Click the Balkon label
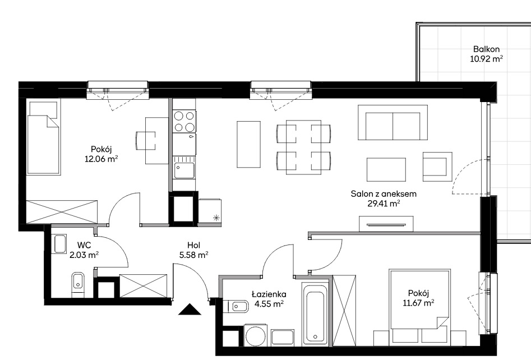(x=486, y=49)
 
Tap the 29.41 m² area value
(x=384, y=204)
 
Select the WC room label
(x=84, y=245)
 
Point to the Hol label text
(x=193, y=245)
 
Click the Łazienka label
(x=269, y=294)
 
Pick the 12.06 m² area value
(x=101, y=159)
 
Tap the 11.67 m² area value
(x=418, y=303)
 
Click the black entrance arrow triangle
(x=190, y=310)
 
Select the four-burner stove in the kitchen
(x=184, y=122)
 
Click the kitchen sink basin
(x=184, y=170)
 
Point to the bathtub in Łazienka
(x=315, y=314)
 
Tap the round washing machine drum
(x=256, y=336)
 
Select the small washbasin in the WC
(x=60, y=244)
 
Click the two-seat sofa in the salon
(x=393, y=123)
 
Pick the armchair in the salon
(x=437, y=167)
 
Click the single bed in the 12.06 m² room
(x=43, y=139)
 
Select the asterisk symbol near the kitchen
(x=216, y=218)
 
